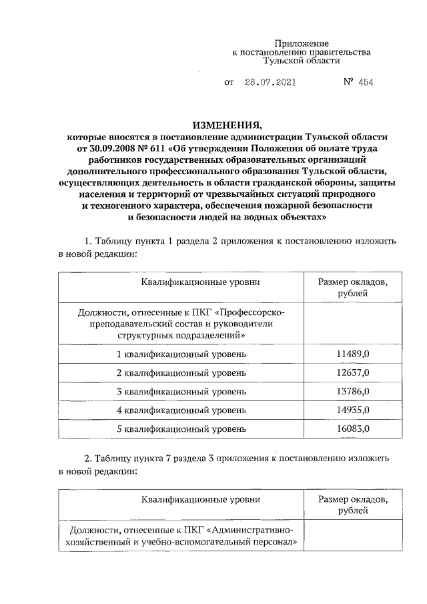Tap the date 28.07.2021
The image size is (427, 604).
(271, 82)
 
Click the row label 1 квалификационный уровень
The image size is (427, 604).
(181, 353)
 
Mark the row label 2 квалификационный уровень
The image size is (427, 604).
(181, 372)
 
